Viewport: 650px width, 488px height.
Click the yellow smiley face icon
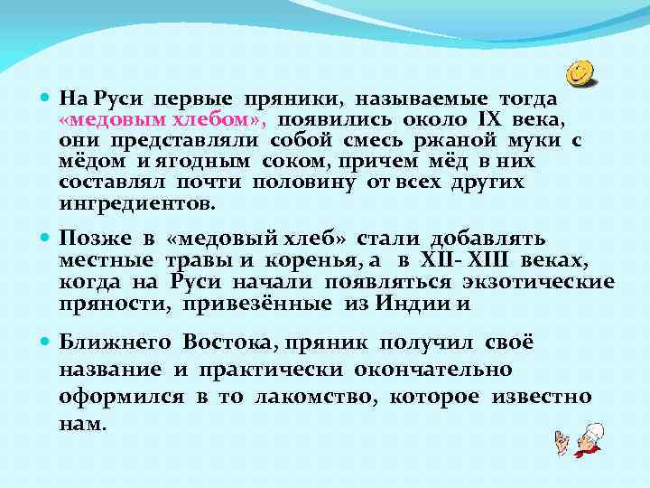(582, 71)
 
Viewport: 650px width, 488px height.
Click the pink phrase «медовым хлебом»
(162, 119)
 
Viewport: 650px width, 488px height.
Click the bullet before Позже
(46, 240)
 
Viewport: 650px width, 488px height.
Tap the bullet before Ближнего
(46, 345)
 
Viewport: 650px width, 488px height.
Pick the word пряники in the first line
(295, 98)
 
